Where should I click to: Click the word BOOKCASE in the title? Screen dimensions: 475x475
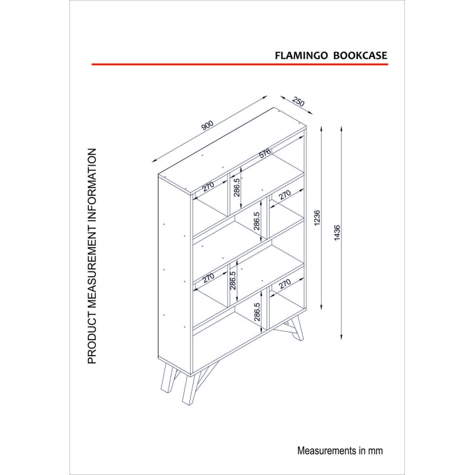pos(360,55)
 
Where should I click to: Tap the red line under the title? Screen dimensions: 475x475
pos(240,64)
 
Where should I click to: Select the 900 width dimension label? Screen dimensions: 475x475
pos(207,125)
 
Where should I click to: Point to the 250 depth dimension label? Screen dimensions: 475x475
pos(298,102)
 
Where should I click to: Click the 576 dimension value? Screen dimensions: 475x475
pos(265,153)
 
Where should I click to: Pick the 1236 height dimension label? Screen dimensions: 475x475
pos(317,217)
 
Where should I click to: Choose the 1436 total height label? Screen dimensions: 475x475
pos(337,233)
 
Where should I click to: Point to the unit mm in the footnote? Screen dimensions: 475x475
pos(376,451)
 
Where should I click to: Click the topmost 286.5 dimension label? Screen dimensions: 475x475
pos(236,187)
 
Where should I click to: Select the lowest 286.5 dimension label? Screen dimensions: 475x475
pos(257,312)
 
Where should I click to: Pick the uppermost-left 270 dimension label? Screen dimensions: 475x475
pos(208,186)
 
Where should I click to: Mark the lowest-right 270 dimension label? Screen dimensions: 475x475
pos(285,284)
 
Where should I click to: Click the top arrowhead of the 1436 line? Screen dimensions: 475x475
pos(342,128)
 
